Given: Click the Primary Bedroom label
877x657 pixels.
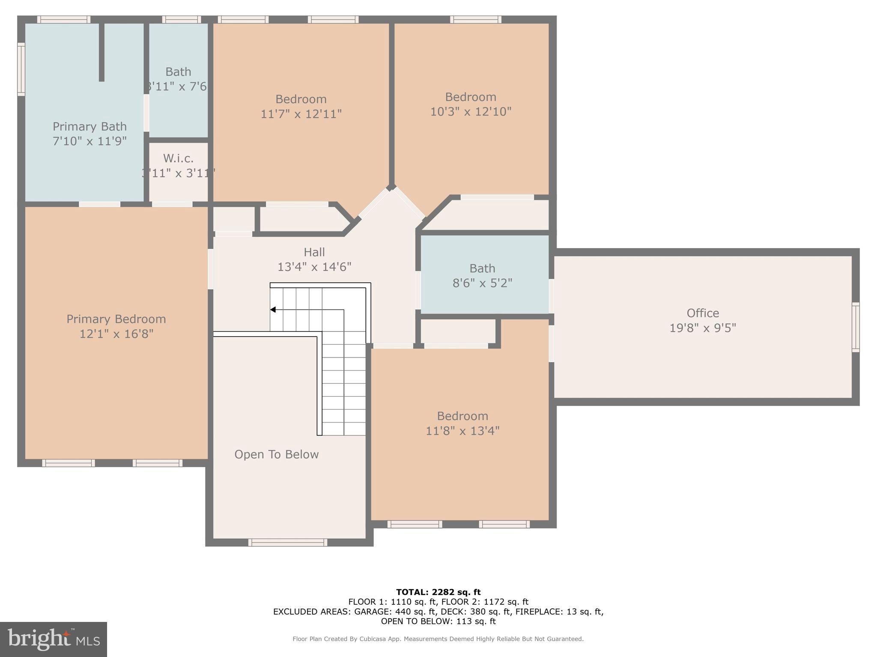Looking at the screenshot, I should (x=116, y=319).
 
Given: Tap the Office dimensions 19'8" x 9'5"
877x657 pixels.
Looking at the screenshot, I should (x=703, y=328).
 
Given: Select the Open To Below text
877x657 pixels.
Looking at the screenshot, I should (x=276, y=454).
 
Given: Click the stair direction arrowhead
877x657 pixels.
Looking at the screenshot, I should (x=273, y=310).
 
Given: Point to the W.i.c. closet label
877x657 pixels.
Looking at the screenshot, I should (x=178, y=158).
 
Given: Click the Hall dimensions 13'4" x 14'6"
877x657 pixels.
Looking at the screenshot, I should (x=314, y=267).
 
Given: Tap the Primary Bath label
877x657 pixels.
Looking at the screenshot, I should (x=89, y=127).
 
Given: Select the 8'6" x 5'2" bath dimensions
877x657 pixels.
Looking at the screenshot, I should (x=482, y=283).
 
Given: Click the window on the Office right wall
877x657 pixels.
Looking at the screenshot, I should (x=855, y=327).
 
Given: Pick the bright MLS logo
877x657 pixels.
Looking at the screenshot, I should (x=54, y=639).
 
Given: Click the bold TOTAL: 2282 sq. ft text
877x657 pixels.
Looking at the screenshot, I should (x=438, y=592).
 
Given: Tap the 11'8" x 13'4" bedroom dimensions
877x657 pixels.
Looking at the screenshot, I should (x=462, y=431).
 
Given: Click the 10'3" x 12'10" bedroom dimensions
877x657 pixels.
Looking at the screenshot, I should (x=471, y=112).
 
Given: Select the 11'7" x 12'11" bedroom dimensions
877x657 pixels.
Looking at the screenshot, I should (x=301, y=114).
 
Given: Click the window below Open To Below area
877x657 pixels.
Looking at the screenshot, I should (x=288, y=542).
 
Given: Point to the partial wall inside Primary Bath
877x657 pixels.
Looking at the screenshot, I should (x=101, y=51).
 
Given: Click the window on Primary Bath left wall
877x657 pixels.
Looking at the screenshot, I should (x=21, y=69).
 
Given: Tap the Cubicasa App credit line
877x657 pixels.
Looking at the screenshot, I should (x=438, y=639).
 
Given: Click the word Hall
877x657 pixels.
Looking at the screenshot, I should (x=314, y=252).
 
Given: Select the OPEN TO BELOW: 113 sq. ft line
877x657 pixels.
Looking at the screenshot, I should (x=438, y=621).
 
